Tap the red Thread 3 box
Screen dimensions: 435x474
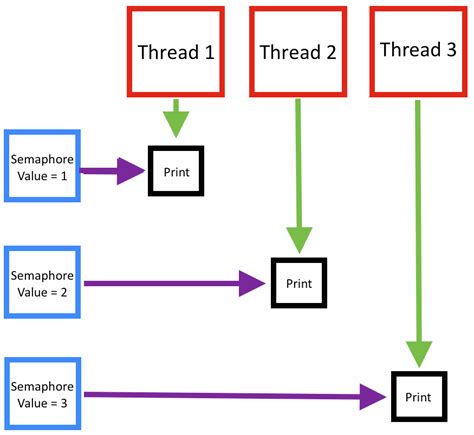click(x=418, y=50)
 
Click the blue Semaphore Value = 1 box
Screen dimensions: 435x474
click(x=41, y=165)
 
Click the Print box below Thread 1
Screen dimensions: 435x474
click(x=175, y=172)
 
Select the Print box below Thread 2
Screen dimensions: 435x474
click(x=299, y=283)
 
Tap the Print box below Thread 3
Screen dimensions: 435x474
click(x=419, y=397)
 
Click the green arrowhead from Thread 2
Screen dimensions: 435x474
click(x=299, y=239)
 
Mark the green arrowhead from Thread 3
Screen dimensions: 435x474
click(x=419, y=354)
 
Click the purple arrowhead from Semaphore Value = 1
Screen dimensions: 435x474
click(x=132, y=172)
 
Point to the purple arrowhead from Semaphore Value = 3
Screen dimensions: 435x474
click(x=374, y=398)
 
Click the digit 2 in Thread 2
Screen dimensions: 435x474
click(x=331, y=52)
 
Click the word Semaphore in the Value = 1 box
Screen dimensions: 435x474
click(x=41, y=158)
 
